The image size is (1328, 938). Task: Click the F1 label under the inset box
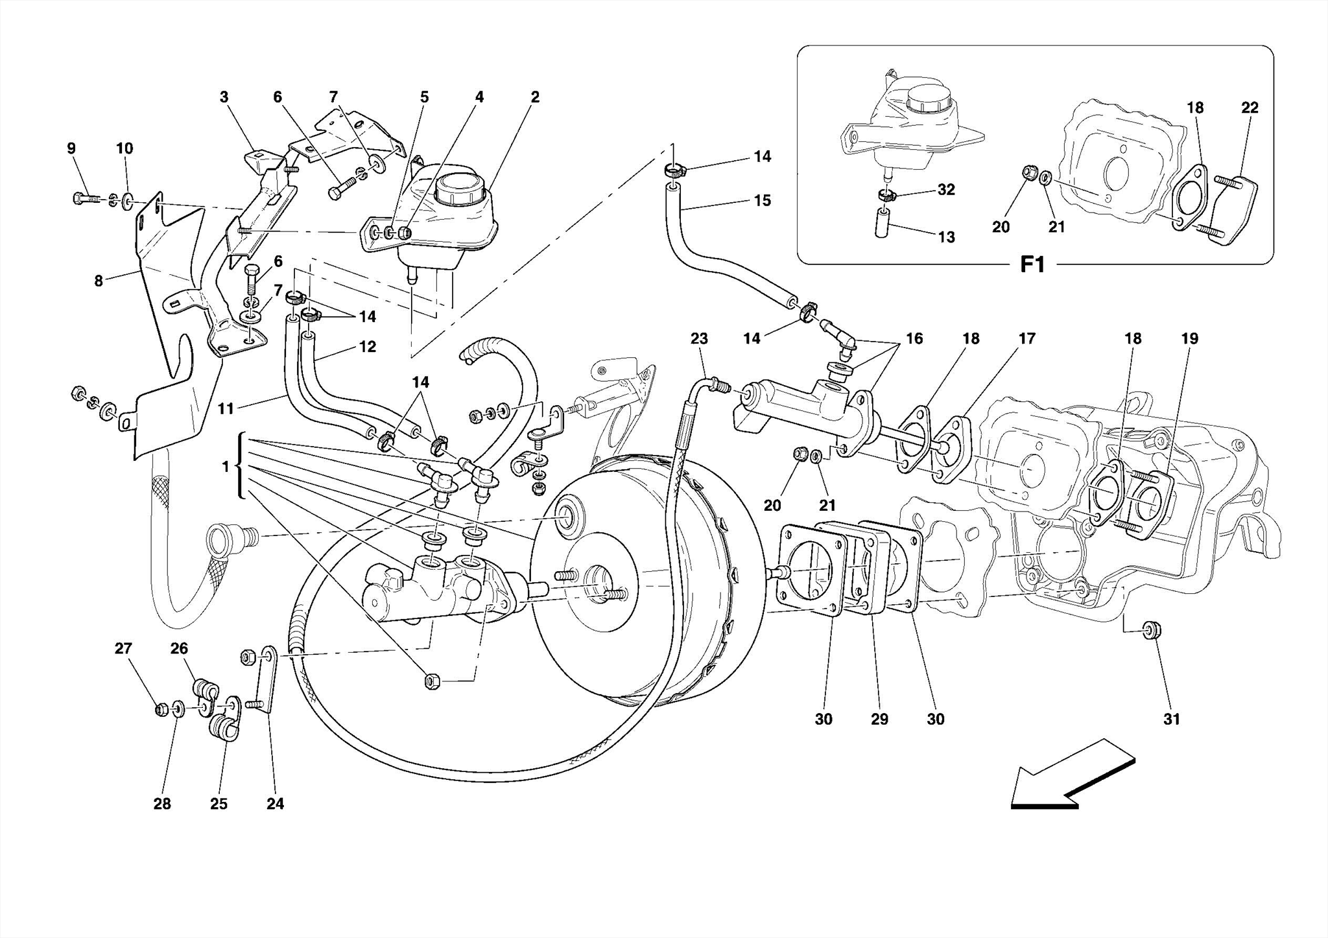click(1033, 264)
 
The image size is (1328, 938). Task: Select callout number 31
click(1171, 719)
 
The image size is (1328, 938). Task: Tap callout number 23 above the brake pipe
click(699, 338)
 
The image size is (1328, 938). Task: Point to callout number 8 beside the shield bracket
click(99, 281)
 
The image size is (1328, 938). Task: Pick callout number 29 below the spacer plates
click(879, 719)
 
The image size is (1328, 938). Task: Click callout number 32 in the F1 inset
click(946, 189)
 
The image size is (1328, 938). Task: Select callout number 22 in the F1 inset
click(1250, 108)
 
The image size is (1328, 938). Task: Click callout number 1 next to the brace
click(225, 466)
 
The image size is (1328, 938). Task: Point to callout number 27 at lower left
click(123, 648)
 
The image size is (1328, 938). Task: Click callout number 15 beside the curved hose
click(763, 200)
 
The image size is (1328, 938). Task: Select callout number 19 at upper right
click(1189, 338)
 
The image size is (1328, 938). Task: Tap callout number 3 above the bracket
click(224, 97)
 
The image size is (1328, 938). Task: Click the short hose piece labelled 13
click(882, 222)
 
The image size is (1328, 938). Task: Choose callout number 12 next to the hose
click(367, 347)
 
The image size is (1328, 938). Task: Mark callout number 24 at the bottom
click(275, 804)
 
